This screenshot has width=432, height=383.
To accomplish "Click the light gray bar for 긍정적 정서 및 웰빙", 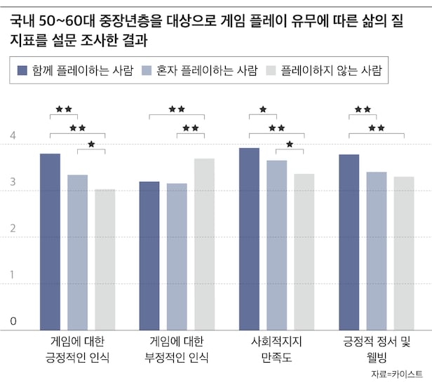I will (x=404, y=253).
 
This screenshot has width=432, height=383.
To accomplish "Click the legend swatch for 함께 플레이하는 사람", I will (x=22, y=70).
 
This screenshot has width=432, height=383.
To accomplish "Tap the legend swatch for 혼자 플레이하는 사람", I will (x=147, y=70).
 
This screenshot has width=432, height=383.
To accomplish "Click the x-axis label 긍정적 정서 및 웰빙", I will (x=376, y=349).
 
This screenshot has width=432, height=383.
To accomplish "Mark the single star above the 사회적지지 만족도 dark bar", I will (x=263, y=109).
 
